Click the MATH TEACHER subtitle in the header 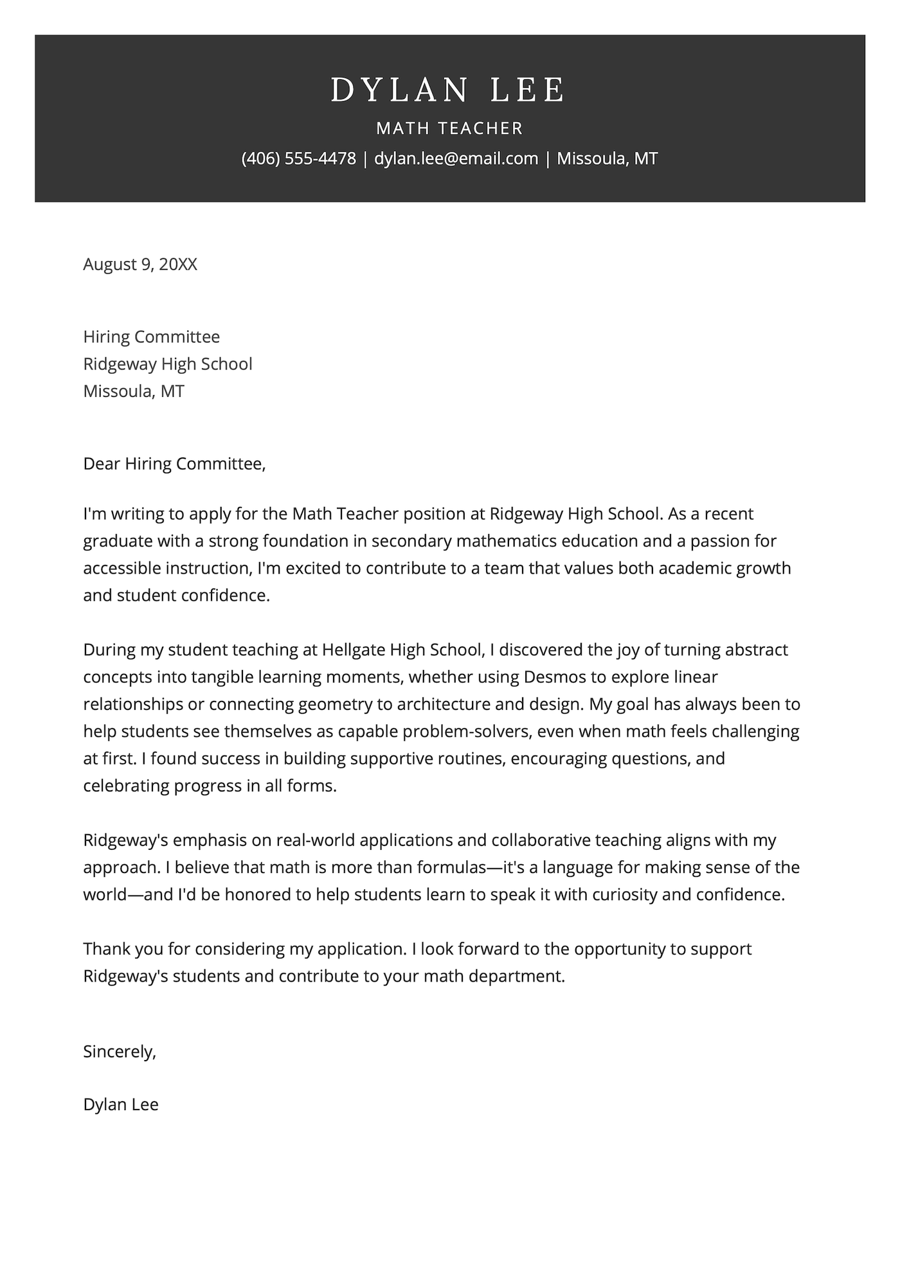[x=449, y=128]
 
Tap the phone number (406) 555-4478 [x=298, y=159]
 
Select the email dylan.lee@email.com [x=456, y=159]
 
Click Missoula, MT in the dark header [x=607, y=159]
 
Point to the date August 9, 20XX [x=140, y=264]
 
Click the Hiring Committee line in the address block [x=151, y=337]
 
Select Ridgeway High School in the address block [x=167, y=364]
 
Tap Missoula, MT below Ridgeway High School [x=134, y=391]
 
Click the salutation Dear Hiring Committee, [x=174, y=464]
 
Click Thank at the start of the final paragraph [x=107, y=950]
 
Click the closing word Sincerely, [x=120, y=1052]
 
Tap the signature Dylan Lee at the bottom [x=121, y=1105]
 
